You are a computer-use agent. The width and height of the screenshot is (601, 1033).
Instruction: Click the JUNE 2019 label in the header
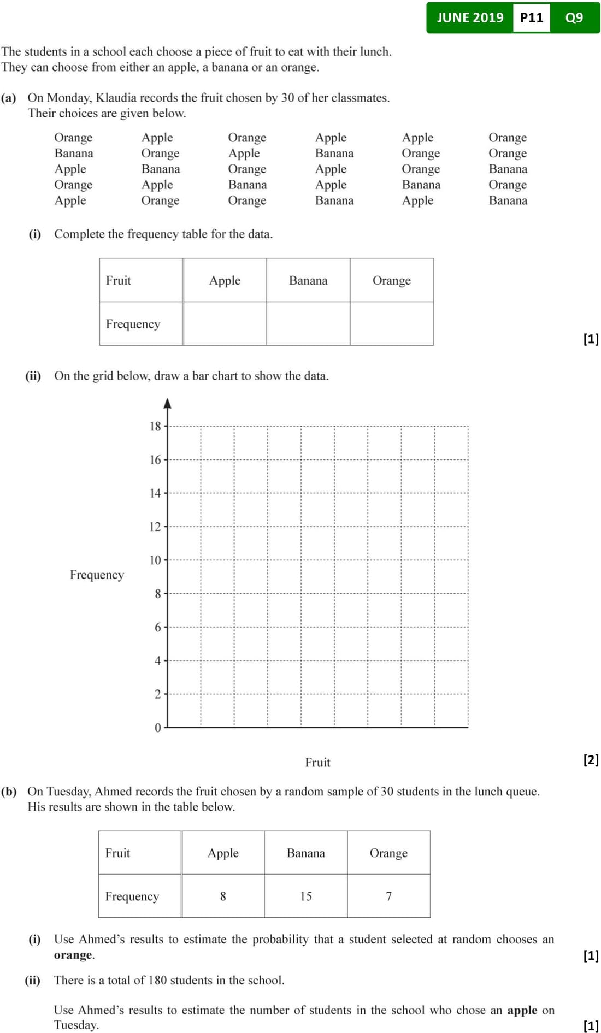pos(470,17)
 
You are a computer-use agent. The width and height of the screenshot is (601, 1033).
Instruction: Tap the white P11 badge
pos(531,17)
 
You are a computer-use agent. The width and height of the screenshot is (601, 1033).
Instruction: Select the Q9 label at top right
pos(574,17)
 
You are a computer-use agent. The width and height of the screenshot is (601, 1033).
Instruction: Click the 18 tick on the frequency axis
pos(156,426)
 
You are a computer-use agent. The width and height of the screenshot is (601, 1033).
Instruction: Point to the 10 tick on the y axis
pos(156,560)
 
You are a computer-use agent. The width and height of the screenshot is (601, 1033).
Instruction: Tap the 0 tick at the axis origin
pos(158,728)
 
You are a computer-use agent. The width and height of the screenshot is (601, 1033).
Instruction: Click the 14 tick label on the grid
pos(156,493)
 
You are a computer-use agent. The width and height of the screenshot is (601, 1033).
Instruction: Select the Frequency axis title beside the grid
pos(97,575)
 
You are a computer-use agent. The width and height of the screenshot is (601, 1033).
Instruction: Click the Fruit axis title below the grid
pos(317,762)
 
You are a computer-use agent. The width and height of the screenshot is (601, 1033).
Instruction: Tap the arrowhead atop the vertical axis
pos(168,403)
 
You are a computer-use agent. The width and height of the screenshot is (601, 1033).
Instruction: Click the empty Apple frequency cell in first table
pos(225,323)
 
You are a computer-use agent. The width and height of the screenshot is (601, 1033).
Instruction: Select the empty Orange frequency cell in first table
pos(391,323)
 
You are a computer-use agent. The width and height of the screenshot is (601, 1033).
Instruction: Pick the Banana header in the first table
pos(308,280)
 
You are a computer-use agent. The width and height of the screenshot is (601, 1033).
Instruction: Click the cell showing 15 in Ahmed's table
pos(306,896)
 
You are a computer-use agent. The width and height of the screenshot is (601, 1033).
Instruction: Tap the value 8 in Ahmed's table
pos(223,896)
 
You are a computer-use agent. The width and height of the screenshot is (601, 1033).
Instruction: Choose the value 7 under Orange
pos(388,896)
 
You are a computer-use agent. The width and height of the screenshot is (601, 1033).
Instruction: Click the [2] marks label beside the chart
pos(591,759)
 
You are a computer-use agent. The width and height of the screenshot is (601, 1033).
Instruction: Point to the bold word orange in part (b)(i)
pos(73,955)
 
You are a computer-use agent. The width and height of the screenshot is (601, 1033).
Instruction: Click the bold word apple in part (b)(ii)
pos(522,1010)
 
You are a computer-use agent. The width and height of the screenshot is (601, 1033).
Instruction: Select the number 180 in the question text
pos(157,980)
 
